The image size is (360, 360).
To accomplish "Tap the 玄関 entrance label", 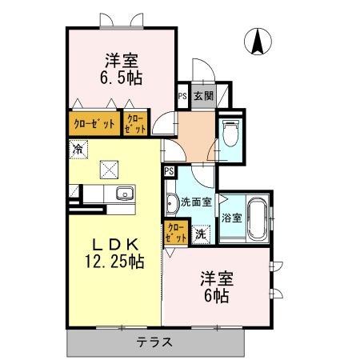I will coord(202,95).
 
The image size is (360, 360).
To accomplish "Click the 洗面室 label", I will coord(195,202).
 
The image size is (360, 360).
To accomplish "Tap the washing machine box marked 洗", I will coord(201,234).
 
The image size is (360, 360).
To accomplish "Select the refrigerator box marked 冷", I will coord(78,148).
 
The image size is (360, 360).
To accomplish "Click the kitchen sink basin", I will coord(124,194).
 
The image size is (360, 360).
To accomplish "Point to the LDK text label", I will coord(114,244).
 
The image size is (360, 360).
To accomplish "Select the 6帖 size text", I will coord(215,296).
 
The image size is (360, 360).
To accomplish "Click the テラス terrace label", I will coord(154,342).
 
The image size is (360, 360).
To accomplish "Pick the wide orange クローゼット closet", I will coord(94,123).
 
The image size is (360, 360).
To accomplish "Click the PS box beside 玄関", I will coord(182,95).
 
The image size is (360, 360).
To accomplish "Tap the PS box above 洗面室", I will coord(169,171).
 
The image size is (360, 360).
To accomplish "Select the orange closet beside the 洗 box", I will coord(175,232).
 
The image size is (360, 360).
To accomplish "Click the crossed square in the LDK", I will coord(109,168).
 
